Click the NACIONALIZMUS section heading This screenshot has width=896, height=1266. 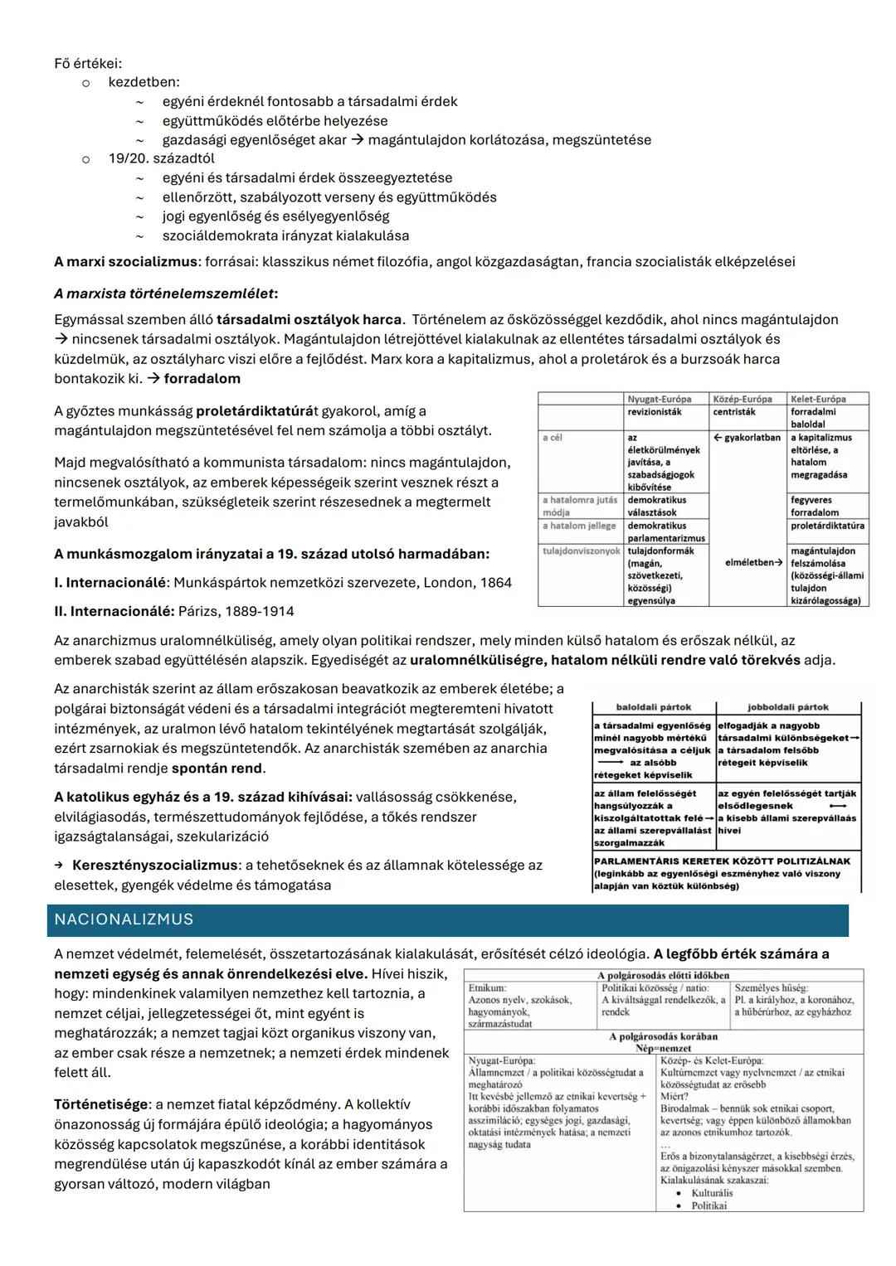pos(124,919)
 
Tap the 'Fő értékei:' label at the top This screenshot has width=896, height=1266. pos(88,63)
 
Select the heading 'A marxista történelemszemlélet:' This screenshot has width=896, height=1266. pos(166,293)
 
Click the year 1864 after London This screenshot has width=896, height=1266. pos(495,583)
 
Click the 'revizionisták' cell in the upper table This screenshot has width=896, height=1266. pos(655,412)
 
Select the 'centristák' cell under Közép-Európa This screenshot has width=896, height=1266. pos(734,412)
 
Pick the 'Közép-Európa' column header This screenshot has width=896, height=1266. pos(742,399)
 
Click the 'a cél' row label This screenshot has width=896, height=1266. pos(553,438)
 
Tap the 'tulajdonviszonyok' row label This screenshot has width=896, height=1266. pos(581,551)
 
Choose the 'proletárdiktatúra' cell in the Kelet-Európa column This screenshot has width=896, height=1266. pos(827,526)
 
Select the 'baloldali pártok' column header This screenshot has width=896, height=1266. pos(654,707)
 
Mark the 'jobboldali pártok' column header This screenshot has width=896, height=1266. pos(787,707)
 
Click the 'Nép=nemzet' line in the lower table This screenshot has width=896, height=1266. pos(663,1048)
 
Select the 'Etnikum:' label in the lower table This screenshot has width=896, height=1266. pos(487,988)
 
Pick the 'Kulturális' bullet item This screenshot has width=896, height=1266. pos(712,1193)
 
